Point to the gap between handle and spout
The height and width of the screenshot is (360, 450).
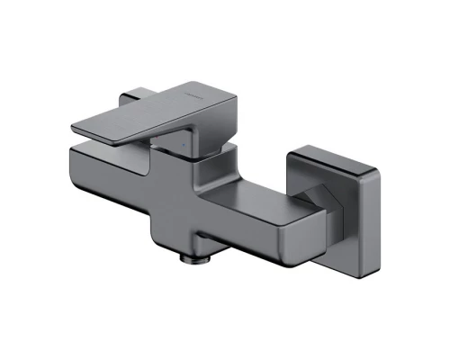135,149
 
